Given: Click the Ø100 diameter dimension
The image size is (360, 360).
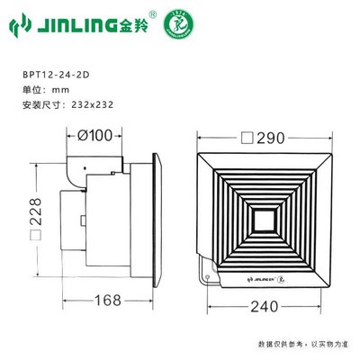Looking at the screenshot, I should (x=96, y=136).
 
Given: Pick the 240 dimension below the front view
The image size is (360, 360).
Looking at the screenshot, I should (x=263, y=304).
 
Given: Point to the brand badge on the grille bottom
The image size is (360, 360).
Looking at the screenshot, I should (x=263, y=279).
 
